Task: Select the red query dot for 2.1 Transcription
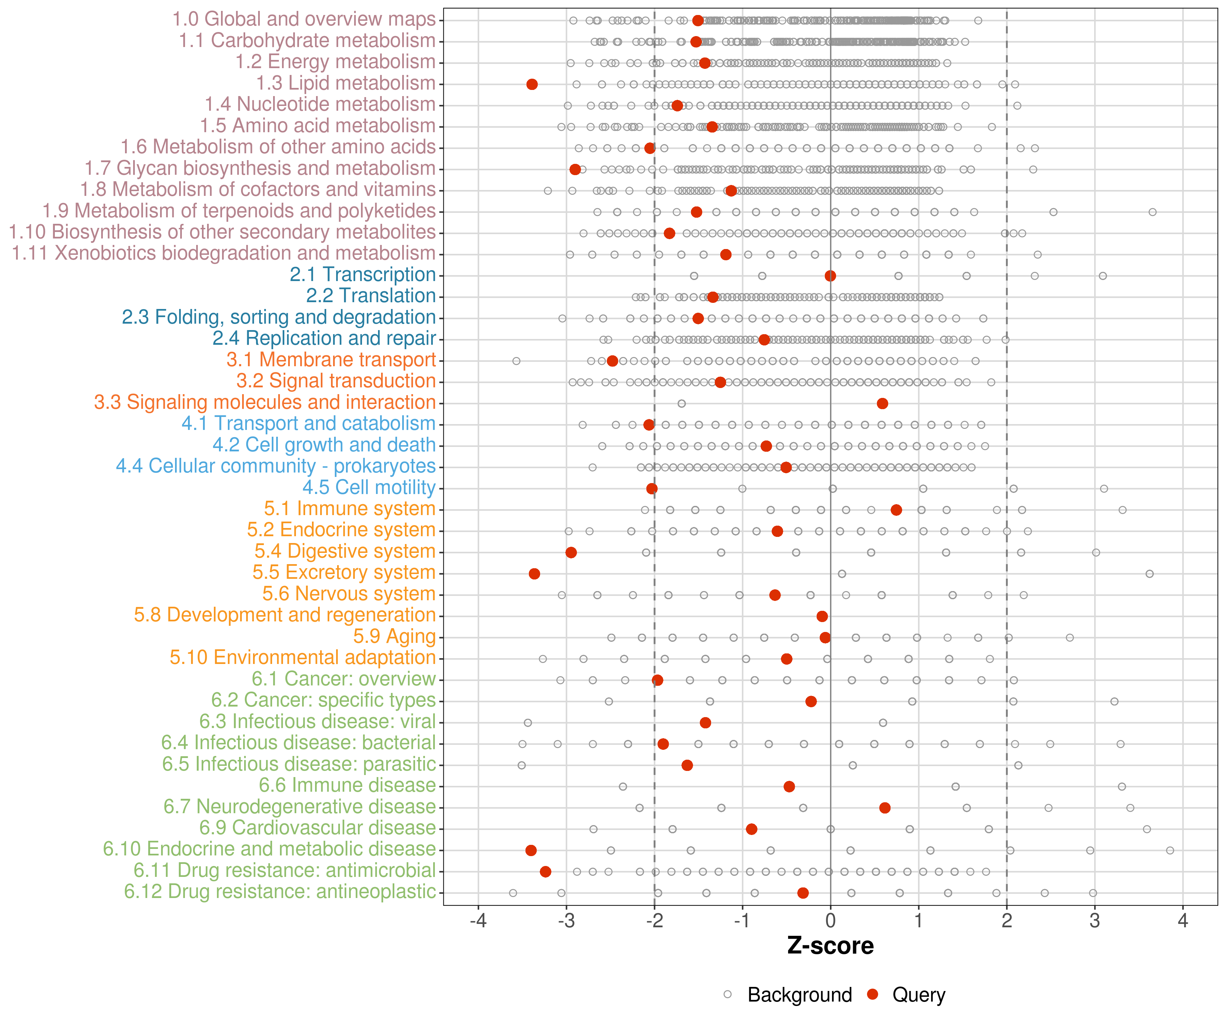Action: click(830, 276)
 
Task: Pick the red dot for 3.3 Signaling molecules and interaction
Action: click(883, 404)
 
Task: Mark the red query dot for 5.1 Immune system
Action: click(896, 510)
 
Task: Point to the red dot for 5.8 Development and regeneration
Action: click(822, 616)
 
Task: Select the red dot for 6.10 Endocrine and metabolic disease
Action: click(531, 850)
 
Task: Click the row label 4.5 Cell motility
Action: click(369, 487)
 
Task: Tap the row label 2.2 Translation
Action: click(371, 296)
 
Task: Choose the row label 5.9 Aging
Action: click(395, 637)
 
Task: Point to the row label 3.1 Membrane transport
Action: click(331, 360)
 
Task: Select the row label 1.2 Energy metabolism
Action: click(335, 62)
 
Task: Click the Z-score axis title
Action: click(830, 946)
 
